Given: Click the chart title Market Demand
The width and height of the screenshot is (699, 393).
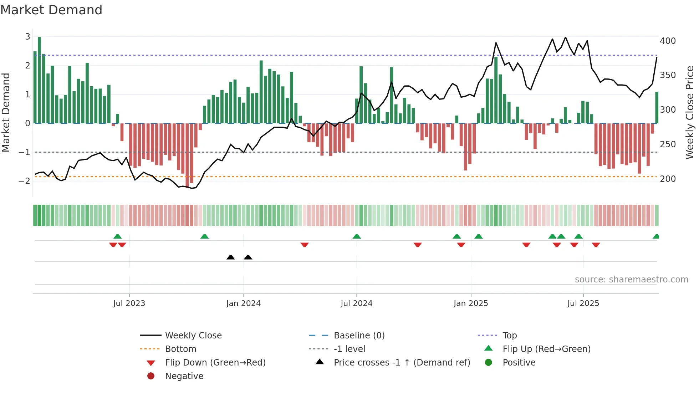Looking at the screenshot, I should (51, 10).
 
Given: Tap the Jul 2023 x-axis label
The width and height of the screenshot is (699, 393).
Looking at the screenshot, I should (129, 303).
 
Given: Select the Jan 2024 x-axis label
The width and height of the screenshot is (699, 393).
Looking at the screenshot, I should (243, 303).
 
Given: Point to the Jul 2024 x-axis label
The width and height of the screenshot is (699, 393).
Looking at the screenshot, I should (356, 303).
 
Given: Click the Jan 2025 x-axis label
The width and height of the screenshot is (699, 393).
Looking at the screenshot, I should (471, 303).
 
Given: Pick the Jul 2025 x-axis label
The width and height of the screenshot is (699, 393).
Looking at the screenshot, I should (583, 303).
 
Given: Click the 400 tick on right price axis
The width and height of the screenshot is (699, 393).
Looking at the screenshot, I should (668, 41).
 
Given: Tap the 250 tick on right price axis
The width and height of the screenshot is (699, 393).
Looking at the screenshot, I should (668, 144).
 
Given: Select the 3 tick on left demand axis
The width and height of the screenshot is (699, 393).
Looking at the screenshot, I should (27, 37).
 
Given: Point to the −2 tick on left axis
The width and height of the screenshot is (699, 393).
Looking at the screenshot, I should (25, 181).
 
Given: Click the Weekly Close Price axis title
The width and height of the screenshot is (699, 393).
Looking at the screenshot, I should (690, 112).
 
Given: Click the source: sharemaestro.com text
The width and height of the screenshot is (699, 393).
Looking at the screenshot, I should (631, 280).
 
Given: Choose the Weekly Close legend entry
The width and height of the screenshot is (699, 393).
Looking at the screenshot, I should (193, 336).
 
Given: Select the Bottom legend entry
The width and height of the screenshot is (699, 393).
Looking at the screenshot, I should (180, 349).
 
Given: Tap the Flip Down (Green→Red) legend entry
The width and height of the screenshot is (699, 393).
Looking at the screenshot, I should (215, 363).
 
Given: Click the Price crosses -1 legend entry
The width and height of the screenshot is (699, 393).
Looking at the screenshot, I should (402, 363).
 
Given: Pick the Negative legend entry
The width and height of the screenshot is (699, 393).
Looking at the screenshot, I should (184, 376).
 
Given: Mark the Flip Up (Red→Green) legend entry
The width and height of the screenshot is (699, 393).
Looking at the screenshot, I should (546, 349).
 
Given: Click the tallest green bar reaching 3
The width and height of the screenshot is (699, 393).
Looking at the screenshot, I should (39, 80).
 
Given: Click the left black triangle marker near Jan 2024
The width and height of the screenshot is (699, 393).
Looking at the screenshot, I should (231, 257).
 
